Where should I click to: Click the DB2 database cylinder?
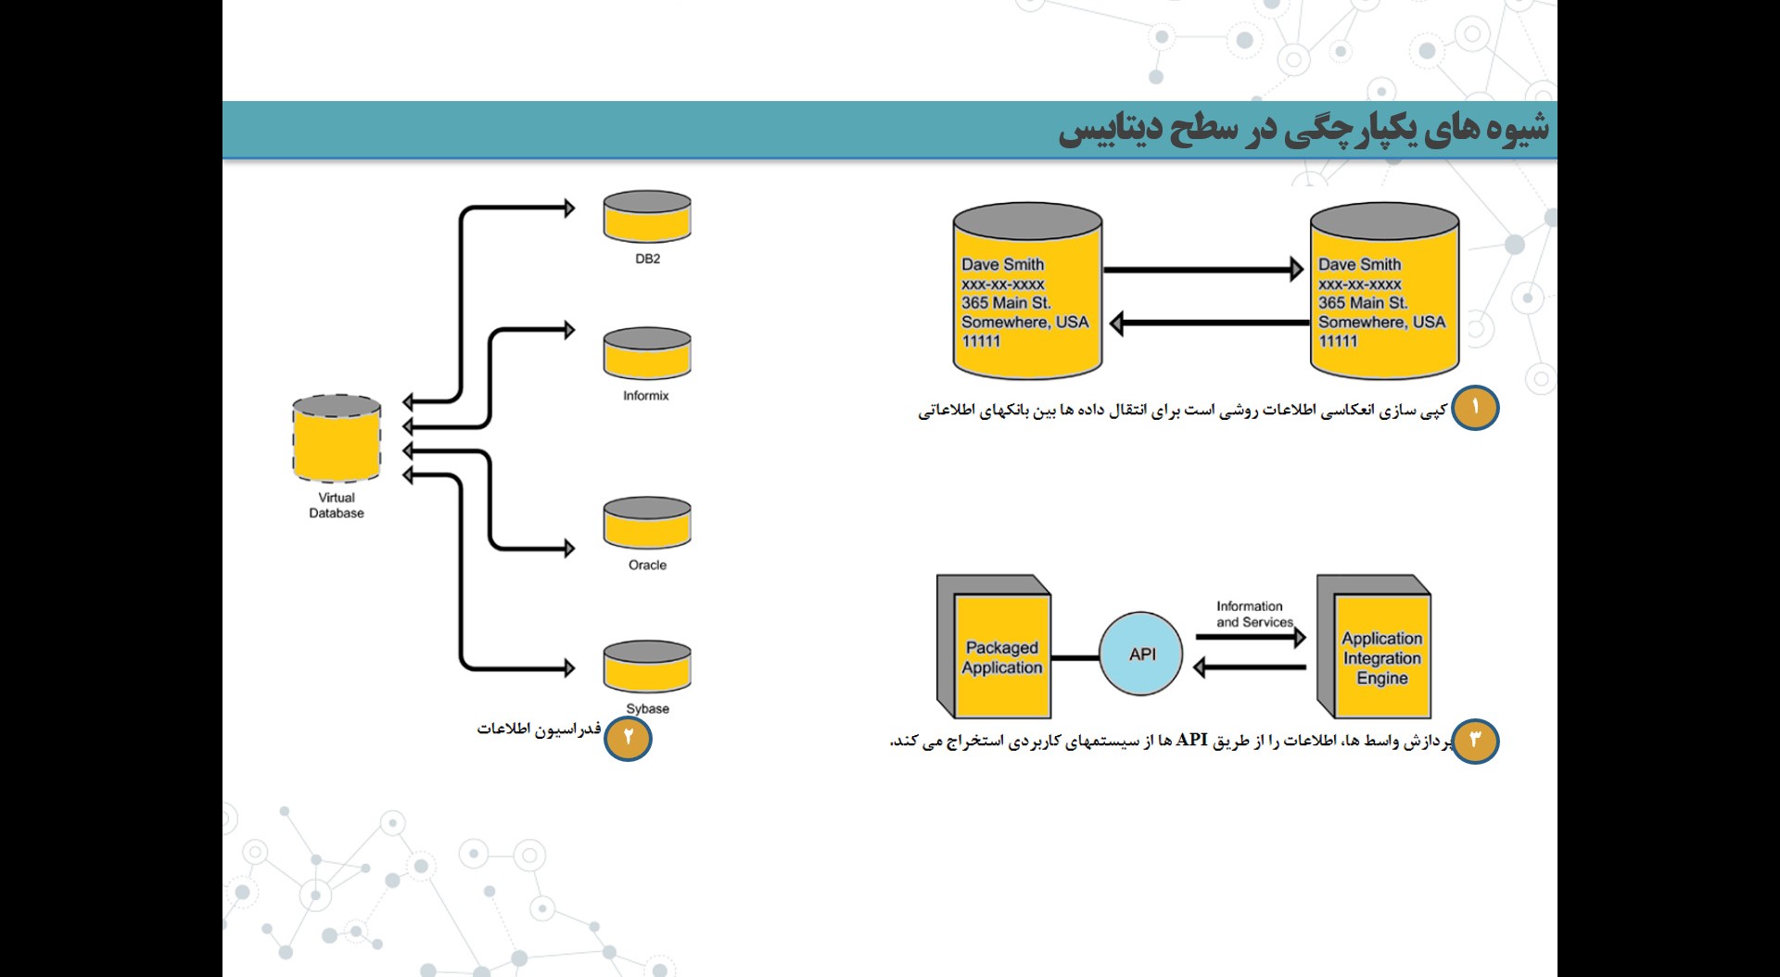tap(647, 217)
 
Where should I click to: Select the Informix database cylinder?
tap(647, 353)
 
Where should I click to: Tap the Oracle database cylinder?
tap(647, 524)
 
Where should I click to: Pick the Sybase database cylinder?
tap(647, 666)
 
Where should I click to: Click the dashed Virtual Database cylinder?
tap(337, 438)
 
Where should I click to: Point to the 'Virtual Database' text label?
tap(337, 505)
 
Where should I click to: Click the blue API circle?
tap(1141, 653)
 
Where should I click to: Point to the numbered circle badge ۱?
tap(1475, 408)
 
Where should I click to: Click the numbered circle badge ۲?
tap(629, 739)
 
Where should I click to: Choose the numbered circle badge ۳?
tap(1475, 741)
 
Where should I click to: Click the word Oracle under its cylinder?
tap(647, 565)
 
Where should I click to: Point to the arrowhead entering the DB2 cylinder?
tap(569, 209)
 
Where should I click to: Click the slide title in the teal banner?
tap(1303, 130)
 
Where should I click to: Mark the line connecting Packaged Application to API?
tap(1075, 658)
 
